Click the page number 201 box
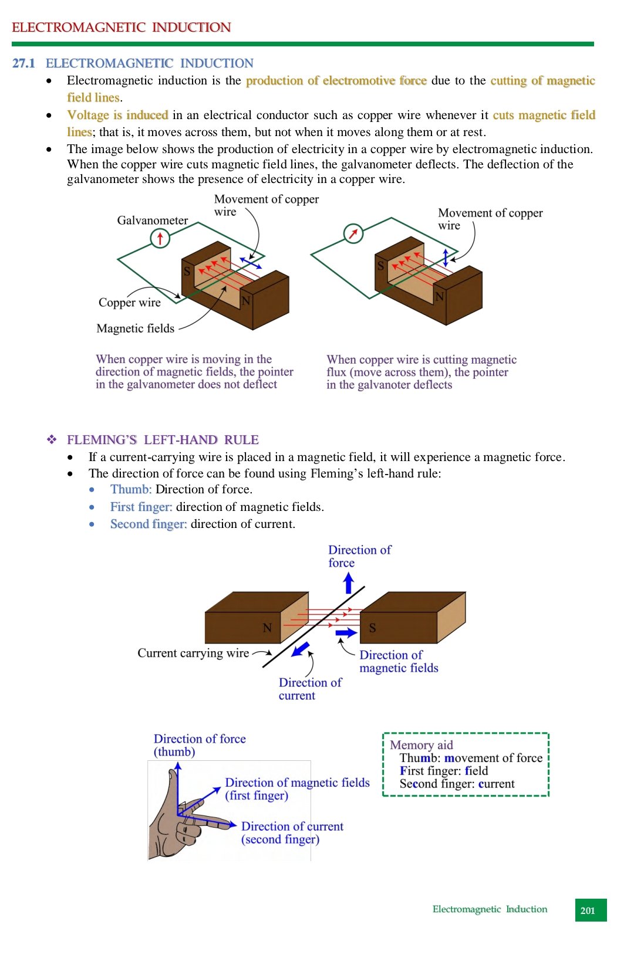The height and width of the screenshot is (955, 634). pyautogui.click(x=591, y=910)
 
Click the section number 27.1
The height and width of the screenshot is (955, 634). pyautogui.click(x=23, y=63)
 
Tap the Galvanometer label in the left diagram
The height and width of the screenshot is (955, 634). pyautogui.click(x=153, y=221)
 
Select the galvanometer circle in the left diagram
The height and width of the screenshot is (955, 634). pyautogui.click(x=160, y=238)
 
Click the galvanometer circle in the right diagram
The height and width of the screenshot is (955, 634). pyautogui.click(x=353, y=233)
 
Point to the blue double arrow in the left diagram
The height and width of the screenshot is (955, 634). pyautogui.click(x=251, y=263)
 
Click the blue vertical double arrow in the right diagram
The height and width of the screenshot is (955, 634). pyautogui.click(x=446, y=258)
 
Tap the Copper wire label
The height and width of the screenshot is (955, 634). pyautogui.click(x=129, y=303)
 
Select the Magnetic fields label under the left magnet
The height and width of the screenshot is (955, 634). pyautogui.click(x=135, y=329)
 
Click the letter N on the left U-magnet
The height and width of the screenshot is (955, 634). pyautogui.click(x=246, y=301)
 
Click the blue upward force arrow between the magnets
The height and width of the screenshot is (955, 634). pyautogui.click(x=349, y=583)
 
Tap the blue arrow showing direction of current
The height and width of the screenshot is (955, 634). pyautogui.click(x=301, y=649)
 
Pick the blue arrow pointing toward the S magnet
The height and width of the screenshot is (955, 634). pyautogui.click(x=346, y=633)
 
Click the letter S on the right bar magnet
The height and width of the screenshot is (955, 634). pyautogui.click(x=372, y=628)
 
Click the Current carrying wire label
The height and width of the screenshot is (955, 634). pyautogui.click(x=193, y=653)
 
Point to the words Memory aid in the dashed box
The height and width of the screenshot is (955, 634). pyautogui.click(x=421, y=745)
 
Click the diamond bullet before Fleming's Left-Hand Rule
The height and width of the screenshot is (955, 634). pyautogui.click(x=52, y=439)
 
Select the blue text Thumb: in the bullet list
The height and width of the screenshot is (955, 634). pyautogui.click(x=131, y=490)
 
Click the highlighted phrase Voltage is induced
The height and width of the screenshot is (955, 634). pyautogui.click(x=117, y=115)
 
